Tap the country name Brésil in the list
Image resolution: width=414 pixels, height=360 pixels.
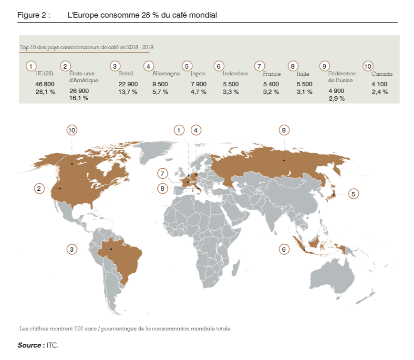(125, 74)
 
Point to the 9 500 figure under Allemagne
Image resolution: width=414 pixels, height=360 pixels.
(160, 84)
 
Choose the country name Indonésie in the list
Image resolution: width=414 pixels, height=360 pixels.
(235, 74)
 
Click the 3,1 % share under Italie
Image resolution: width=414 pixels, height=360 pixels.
(304, 92)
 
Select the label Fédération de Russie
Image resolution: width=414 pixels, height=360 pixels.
(342, 77)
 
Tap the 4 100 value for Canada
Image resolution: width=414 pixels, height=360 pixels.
(379, 84)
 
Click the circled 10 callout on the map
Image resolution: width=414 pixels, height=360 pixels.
(72, 130)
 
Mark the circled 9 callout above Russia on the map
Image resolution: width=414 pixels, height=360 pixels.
(283, 130)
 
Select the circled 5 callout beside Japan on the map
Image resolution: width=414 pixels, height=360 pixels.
(353, 194)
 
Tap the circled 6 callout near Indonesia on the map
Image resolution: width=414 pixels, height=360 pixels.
(284, 249)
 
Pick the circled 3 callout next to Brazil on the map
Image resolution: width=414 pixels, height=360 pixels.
(72, 249)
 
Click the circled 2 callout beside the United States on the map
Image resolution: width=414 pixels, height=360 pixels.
(40, 188)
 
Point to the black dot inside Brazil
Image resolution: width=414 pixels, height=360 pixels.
(111, 249)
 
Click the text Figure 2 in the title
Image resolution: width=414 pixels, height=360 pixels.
(33, 15)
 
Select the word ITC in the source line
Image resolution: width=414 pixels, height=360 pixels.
(52, 345)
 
